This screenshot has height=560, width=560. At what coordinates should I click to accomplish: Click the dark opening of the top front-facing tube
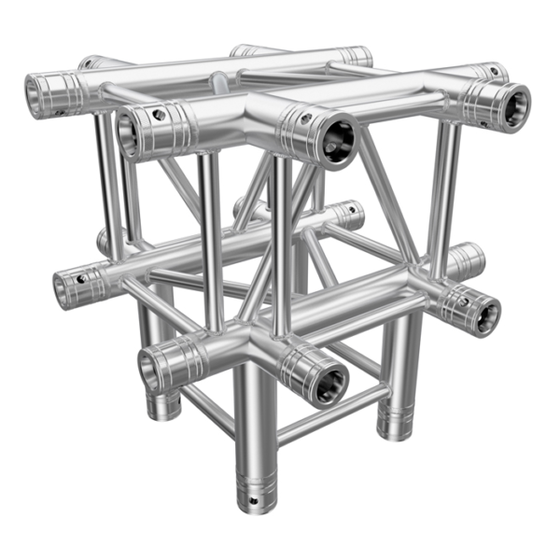tap(338, 140)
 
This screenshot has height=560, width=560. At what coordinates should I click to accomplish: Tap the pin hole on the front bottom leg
tap(254, 501)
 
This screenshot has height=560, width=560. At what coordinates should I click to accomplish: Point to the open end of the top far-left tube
tap(41, 95)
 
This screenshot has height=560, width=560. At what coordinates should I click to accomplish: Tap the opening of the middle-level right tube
tap(485, 315)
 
